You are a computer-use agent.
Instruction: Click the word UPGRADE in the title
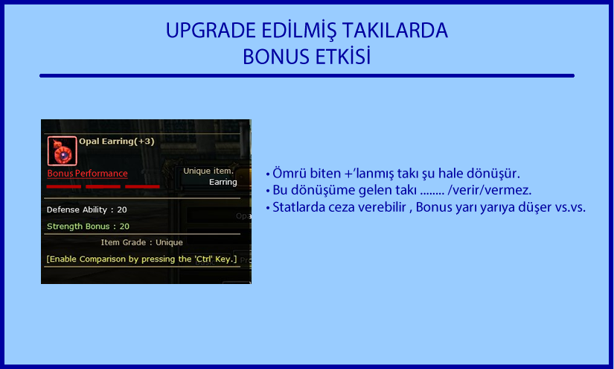click(211, 31)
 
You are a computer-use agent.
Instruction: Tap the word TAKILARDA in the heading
click(394, 31)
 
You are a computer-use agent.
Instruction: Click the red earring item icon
click(62, 151)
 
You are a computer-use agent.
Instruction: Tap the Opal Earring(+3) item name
click(117, 141)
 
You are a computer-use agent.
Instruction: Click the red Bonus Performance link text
click(87, 174)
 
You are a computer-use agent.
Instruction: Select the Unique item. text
click(208, 171)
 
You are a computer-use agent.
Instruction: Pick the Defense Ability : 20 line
click(86, 209)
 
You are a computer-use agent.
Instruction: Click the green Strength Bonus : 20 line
click(88, 227)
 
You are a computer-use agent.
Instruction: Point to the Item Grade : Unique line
click(141, 242)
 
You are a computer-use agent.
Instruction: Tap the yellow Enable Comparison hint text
click(141, 259)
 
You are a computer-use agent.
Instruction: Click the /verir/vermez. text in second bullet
click(490, 190)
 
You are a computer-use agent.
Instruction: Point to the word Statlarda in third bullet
click(298, 207)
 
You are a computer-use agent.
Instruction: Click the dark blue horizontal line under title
click(307, 76)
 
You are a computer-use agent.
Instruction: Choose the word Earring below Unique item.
click(223, 182)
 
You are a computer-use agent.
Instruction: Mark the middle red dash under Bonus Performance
click(103, 186)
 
